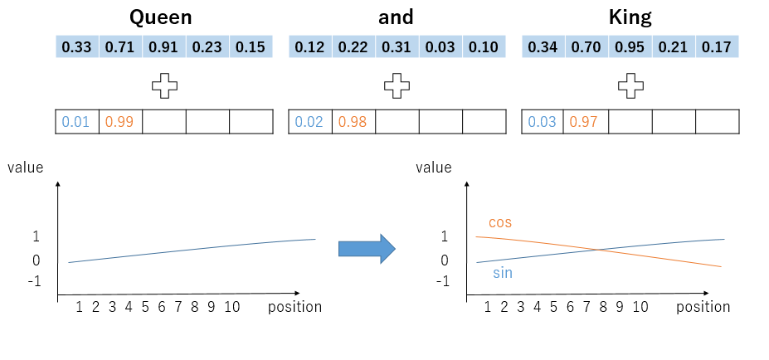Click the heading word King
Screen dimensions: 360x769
pyautogui.click(x=630, y=17)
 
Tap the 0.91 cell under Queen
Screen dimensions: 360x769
pyautogui.click(x=163, y=47)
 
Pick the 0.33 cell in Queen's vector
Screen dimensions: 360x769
pyautogui.click(x=77, y=47)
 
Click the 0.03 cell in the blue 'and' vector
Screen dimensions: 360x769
pyautogui.click(x=440, y=47)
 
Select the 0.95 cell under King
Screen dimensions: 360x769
pyautogui.click(x=630, y=47)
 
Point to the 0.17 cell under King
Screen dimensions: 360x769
pyautogui.click(x=717, y=47)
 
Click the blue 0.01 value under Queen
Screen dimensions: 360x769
pyautogui.click(x=76, y=122)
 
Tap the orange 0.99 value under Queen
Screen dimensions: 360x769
pyautogui.click(x=120, y=122)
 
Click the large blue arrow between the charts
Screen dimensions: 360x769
pyautogui.click(x=366, y=248)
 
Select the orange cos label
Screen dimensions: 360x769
pyautogui.click(x=500, y=222)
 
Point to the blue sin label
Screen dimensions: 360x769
pyautogui.click(x=502, y=272)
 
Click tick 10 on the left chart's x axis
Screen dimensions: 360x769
pyautogui.click(x=231, y=307)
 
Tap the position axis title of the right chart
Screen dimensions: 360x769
pyautogui.click(x=703, y=307)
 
